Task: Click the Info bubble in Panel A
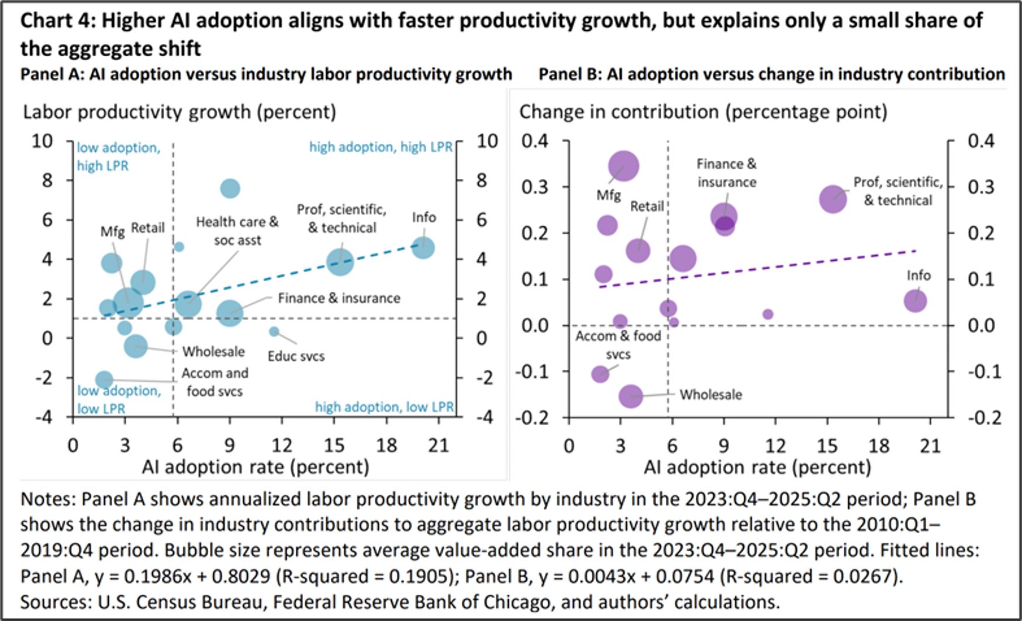pyautogui.click(x=423, y=247)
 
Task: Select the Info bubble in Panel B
pyautogui.click(x=915, y=301)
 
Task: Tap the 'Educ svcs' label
pyautogui.click(x=296, y=356)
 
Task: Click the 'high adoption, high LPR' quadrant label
pyautogui.click(x=381, y=147)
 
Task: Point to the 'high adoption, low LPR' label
pyautogui.click(x=384, y=407)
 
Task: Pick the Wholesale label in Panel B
pyautogui.click(x=710, y=395)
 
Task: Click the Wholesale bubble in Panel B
pyautogui.click(x=631, y=396)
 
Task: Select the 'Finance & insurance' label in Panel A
pyautogui.click(x=339, y=298)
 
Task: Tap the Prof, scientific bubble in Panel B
pyautogui.click(x=833, y=199)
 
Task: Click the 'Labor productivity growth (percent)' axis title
pyautogui.click(x=179, y=112)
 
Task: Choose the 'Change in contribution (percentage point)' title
pyautogui.click(x=703, y=112)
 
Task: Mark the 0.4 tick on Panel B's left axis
pyautogui.click(x=536, y=141)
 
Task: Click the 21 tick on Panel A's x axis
pyautogui.click(x=439, y=446)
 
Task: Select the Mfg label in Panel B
pyautogui.click(x=609, y=195)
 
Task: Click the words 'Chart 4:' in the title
pyautogui.click(x=58, y=21)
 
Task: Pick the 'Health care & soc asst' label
pyautogui.click(x=237, y=231)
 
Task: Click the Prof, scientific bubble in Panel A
pyautogui.click(x=340, y=262)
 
